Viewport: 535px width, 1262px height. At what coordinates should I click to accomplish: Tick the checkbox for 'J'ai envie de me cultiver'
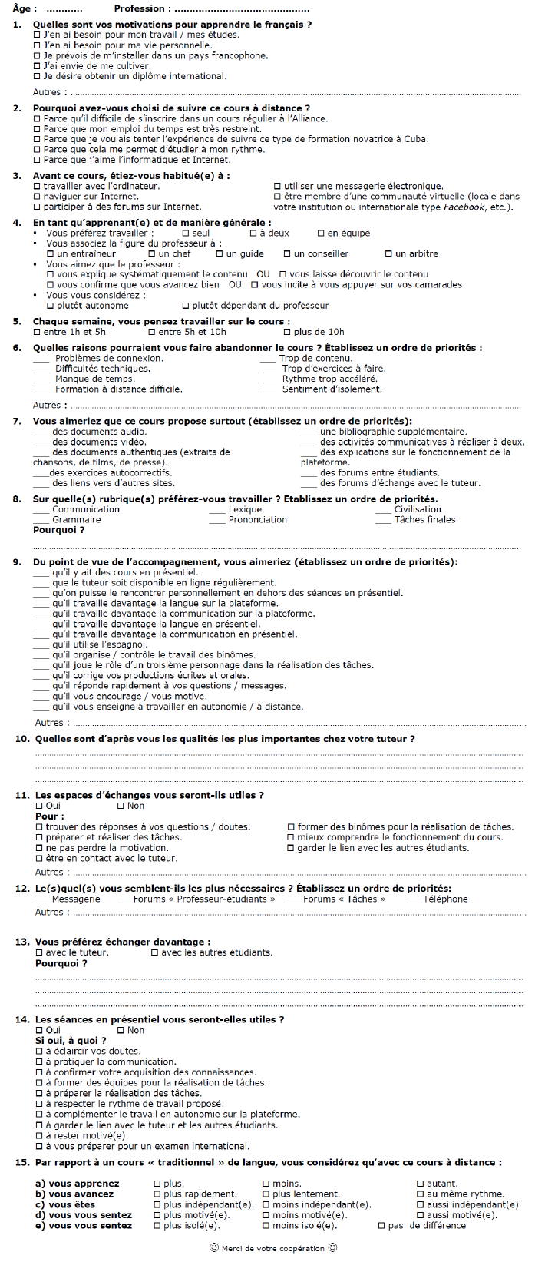tap(38, 66)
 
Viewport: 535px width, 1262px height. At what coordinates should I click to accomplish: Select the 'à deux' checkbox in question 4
tap(253, 233)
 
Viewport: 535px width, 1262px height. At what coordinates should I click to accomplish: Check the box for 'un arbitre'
tap(389, 253)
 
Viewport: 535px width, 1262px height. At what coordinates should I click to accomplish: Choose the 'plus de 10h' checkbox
tap(287, 332)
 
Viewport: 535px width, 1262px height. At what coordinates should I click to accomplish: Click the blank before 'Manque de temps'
tap(41, 379)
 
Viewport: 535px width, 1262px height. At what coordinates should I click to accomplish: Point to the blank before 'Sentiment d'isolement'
tap(268, 389)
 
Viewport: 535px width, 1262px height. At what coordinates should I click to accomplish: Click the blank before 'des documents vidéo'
tap(41, 442)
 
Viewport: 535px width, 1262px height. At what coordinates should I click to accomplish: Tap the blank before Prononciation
tap(216, 520)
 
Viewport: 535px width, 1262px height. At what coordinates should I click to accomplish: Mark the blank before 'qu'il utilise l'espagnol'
tap(41, 645)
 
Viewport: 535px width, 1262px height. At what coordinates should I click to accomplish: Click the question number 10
tap(22, 739)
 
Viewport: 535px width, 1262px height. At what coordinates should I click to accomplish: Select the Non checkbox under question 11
tap(121, 806)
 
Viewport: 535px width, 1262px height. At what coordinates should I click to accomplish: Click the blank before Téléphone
tap(414, 899)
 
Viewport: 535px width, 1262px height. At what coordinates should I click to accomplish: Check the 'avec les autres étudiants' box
tap(154, 952)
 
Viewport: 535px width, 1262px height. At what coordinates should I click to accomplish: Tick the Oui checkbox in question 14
tap(39, 1030)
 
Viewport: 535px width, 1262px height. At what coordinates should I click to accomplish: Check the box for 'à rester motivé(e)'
tap(39, 1135)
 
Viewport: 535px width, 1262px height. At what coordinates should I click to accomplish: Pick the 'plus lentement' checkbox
tap(266, 1194)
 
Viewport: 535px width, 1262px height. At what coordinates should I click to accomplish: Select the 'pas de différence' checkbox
tap(381, 1226)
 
